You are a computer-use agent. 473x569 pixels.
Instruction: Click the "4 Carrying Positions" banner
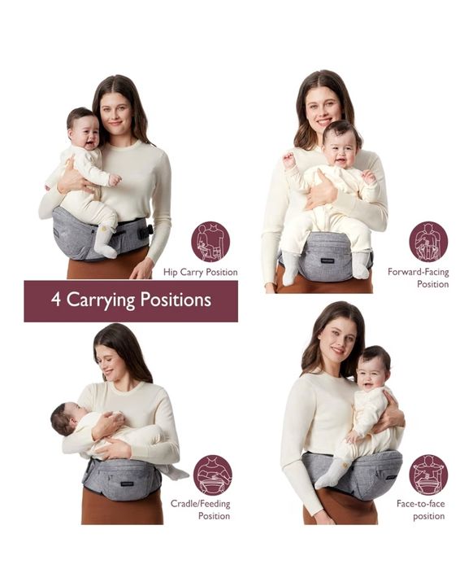tap(131, 300)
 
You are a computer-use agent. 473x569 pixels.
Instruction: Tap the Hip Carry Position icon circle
tap(210, 241)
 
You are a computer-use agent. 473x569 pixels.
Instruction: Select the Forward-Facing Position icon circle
tap(428, 241)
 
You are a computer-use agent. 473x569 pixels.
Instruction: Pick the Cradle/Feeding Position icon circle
tap(212, 475)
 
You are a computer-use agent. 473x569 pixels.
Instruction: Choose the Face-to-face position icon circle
tap(428, 475)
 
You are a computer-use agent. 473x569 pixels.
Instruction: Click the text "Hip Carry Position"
tap(201, 272)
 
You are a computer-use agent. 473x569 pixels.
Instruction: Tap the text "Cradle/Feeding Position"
tap(201, 510)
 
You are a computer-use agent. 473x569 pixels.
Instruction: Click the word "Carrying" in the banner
tap(111, 300)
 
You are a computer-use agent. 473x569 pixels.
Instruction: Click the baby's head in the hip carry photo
tap(81, 128)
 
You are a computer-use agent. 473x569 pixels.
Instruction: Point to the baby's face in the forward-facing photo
tap(342, 147)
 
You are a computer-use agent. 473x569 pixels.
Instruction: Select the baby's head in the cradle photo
tap(64, 418)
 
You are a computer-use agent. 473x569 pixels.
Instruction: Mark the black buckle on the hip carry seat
tap(145, 230)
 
